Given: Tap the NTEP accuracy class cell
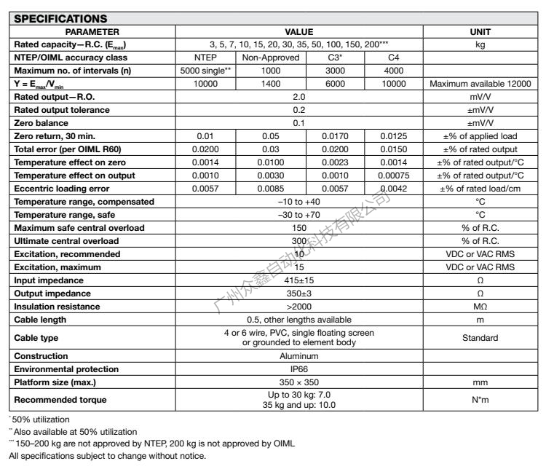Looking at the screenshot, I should pyautogui.click(x=205, y=58).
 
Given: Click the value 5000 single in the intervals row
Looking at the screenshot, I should pyautogui.click(x=205, y=71).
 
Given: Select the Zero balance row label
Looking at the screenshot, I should pyautogui.click(x=39, y=122).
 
